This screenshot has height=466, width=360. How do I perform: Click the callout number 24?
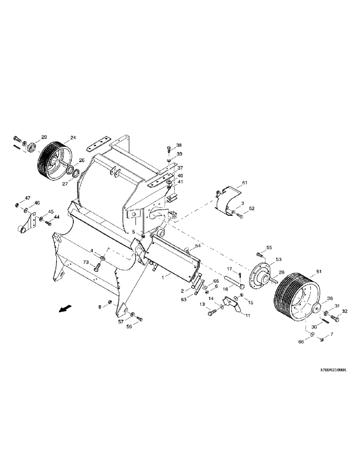point(73,137)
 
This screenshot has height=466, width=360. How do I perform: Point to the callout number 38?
point(179,145)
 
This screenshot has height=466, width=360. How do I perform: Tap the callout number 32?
point(345,311)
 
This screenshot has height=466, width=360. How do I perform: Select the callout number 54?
point(198,246)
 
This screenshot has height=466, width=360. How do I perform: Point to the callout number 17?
point(230,268)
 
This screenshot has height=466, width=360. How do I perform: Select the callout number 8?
point(99,307)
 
